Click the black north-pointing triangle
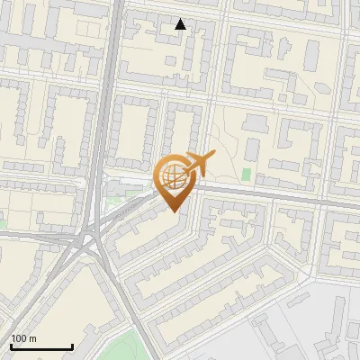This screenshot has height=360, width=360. click(181, 24)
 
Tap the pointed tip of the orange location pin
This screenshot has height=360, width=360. click(174, 211)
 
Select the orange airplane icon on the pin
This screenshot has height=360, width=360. click(198, 165)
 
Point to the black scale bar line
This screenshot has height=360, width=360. click(41, 346)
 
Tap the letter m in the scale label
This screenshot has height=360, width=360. click(32, 338)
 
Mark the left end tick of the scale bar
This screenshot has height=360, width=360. click(11, 346)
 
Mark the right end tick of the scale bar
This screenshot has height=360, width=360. click(72, 346)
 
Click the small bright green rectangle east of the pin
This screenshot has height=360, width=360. click(246, 173)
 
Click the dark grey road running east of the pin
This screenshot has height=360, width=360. click(270, 193)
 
